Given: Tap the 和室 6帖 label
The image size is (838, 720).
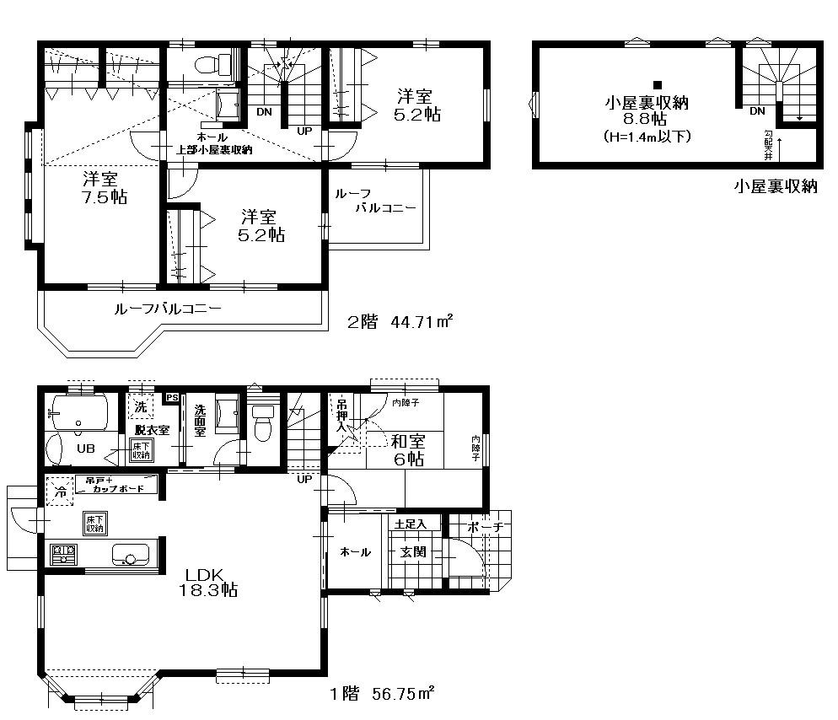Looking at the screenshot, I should point(407,449).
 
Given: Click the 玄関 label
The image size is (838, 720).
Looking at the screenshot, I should point(412,552).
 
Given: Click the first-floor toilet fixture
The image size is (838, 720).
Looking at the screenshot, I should point(263,422).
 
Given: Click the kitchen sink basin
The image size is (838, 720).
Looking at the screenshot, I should point(130,556).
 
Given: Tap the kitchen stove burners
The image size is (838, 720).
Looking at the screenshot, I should point(63,556).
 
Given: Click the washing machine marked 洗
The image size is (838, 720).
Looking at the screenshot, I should point(140,405).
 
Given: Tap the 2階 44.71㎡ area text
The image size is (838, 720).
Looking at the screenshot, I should point(401,321).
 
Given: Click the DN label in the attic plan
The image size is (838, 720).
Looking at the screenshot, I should point(756,110).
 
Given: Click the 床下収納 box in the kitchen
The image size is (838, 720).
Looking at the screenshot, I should point(94,523).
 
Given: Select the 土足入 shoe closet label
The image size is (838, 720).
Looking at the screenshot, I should point(411,524).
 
